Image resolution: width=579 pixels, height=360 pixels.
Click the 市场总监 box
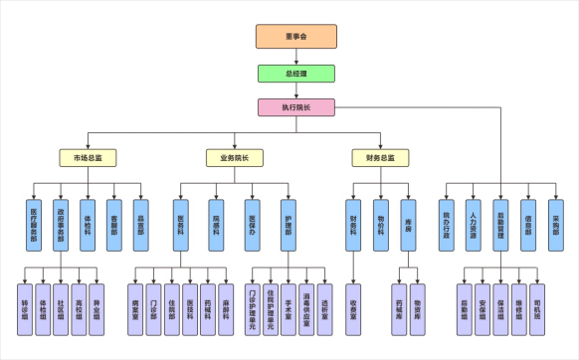click(x=88, y=158)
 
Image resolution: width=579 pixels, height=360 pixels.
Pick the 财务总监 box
click(x=380, y=158)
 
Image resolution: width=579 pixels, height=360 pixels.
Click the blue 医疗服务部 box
click(x=34, y=220)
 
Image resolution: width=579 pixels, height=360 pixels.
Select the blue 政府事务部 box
click(x=61, y=220)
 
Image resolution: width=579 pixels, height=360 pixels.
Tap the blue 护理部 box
click(x=289, y=220)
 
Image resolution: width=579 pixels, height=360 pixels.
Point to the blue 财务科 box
click(x=353, y=220)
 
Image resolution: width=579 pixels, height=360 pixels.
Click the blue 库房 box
click(x=408, y=220)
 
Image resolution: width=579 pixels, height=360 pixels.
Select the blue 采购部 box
click(x=555, y=220)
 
